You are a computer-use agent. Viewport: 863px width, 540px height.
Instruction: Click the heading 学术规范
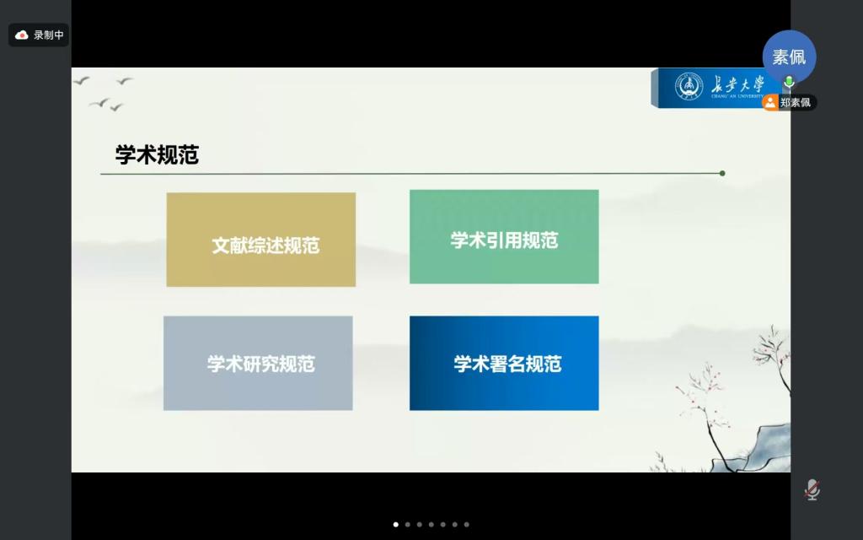point(157,155)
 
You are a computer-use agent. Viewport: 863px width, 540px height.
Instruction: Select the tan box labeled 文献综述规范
point(261,240)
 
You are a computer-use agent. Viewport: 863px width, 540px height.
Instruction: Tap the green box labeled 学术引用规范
point(504,237)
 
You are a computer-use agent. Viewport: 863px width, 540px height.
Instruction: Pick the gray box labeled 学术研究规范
point(258,363)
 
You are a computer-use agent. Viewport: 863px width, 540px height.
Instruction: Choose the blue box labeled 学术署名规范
point(504,363)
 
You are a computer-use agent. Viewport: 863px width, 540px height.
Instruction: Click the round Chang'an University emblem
point(689,87)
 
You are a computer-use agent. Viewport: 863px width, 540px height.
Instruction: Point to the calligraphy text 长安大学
point(737,85)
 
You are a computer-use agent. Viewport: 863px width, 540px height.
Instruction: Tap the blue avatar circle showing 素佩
point(789,57)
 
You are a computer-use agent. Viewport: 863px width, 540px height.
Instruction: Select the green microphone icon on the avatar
point(789,82)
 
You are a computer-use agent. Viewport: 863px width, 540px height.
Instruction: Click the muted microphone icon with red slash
point(812,489)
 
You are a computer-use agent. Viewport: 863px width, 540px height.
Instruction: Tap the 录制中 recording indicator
point(39,35)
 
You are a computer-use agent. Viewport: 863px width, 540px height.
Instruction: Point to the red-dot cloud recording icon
point(21,35)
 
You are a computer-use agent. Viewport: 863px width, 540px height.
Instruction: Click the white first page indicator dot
point(396,525)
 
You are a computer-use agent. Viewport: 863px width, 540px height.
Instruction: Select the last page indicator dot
point(467,525)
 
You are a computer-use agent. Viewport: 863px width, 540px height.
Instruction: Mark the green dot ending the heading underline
point(722,173)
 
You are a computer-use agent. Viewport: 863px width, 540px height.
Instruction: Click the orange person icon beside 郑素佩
point(770,102)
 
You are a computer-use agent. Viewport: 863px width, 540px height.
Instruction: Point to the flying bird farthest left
point(81,81)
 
